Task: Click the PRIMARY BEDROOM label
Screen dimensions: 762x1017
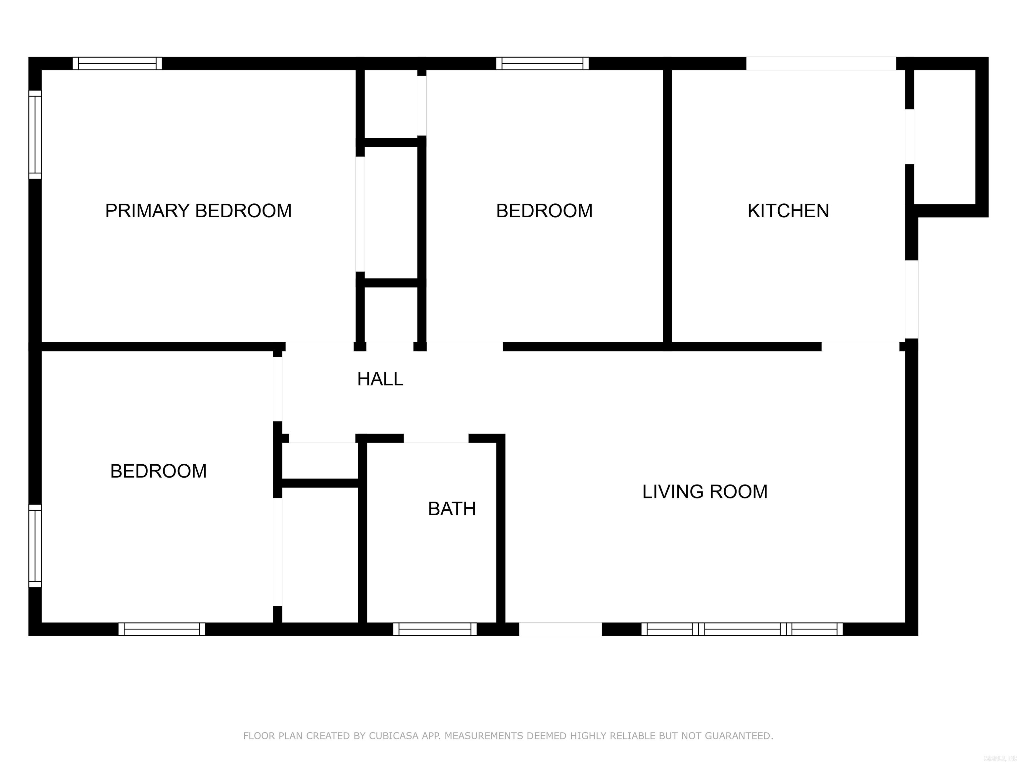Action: click(198, 211)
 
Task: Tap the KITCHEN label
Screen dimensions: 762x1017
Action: click(788, 211)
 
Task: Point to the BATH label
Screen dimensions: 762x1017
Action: click(452, 509)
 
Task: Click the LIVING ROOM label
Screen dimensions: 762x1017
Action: click(704, 492)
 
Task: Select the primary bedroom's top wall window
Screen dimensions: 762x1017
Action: click(117, 63)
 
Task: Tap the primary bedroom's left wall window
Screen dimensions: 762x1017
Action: click(35, 135)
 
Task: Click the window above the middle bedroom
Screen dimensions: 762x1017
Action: click(542, 63)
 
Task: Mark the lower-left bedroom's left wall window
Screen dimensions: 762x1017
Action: click(35, 546)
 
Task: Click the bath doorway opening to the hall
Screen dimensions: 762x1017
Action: click(436, 438)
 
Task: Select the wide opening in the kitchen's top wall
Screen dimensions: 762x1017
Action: click(821, 63)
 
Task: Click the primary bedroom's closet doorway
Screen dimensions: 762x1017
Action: click(360, 214)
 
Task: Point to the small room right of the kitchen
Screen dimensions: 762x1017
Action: click(944, 137)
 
